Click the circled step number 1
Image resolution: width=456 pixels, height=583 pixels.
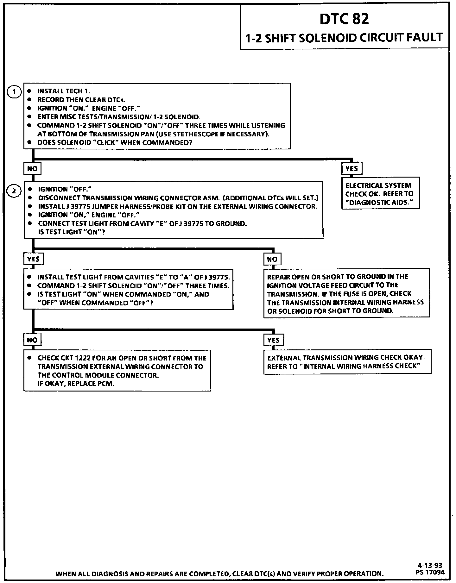(x=14, y=92)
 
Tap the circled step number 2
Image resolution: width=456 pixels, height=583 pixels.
(x=14, y=191)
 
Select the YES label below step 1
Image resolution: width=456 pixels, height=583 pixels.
(x=351, y=168)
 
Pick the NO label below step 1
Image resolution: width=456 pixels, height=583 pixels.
(x=32, y=169)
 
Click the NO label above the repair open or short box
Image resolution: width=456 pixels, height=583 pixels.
(x=272, y=259)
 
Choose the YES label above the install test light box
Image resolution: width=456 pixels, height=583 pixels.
(x=33, y=259)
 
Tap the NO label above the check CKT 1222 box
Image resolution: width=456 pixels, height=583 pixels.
(x=32, y=340)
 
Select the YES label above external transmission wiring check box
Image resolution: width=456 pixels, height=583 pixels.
(x=273, y=340)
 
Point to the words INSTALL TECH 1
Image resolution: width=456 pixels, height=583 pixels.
(x=64, y=91)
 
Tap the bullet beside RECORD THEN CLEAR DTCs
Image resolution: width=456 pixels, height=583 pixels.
(x=29, y=100)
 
